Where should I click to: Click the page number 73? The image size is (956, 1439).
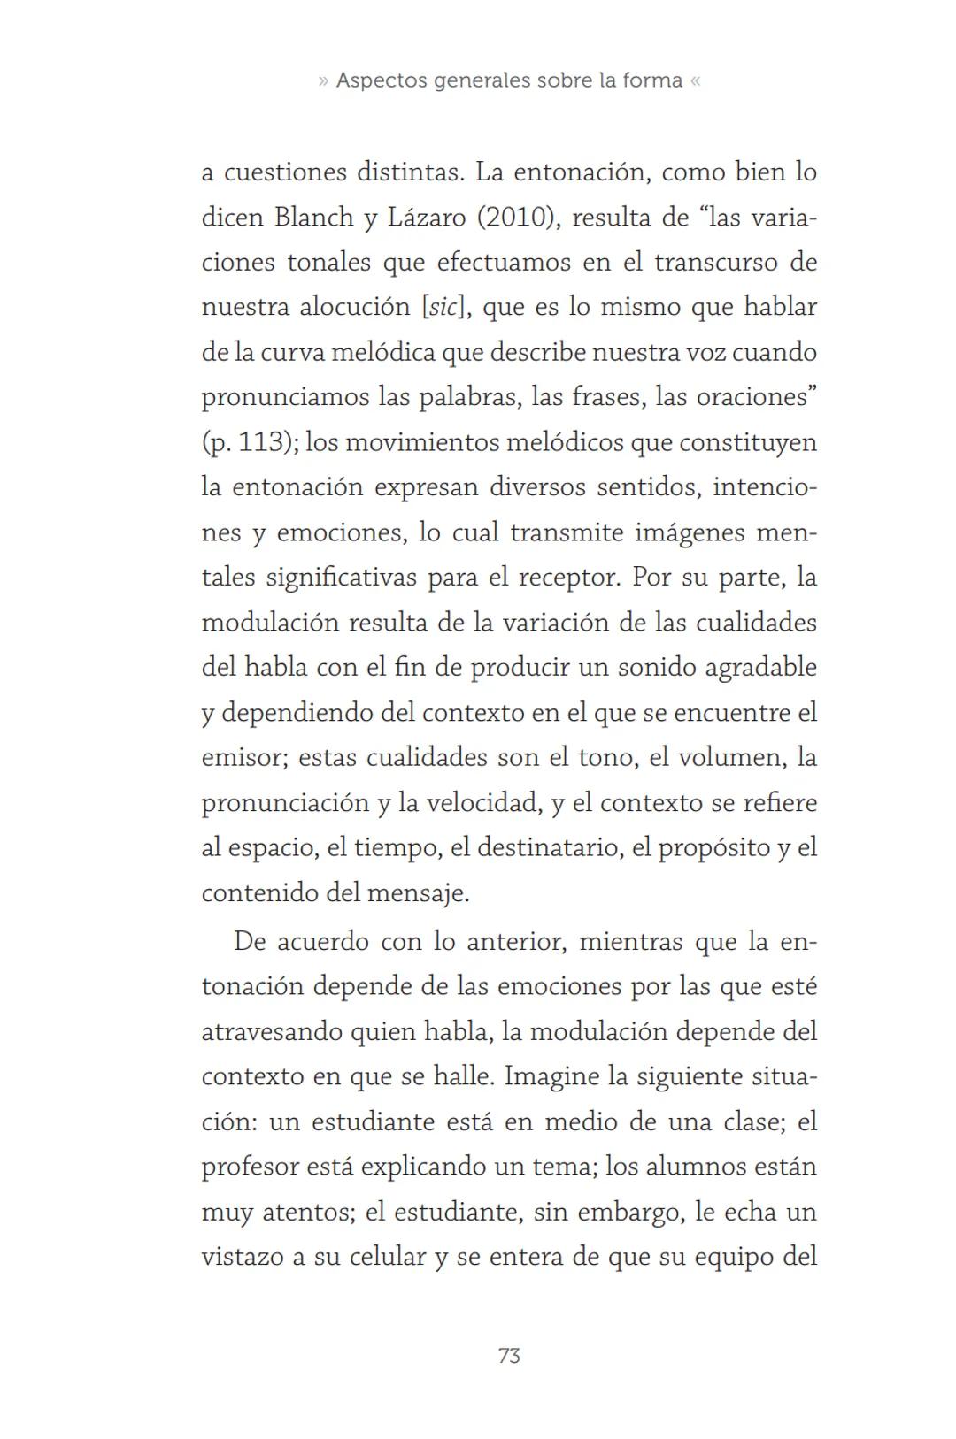point(509,1355)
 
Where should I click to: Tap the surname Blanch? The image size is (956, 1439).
point(313,217)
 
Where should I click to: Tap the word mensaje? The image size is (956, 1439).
point(417,893)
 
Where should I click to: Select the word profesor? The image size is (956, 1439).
point(251,1167)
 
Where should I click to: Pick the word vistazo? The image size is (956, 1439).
point(242,1257)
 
